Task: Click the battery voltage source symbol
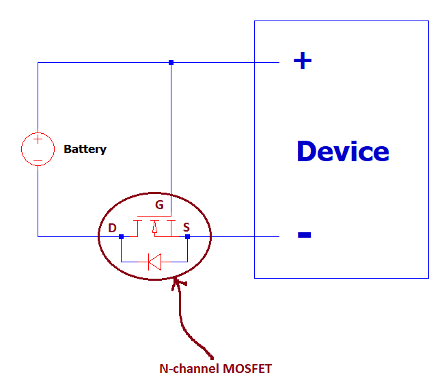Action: coord(38,149)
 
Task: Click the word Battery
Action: coord(85,149)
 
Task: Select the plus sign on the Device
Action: coord(302,61)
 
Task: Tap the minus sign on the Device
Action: coord(305,236)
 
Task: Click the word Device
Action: coord(342,151)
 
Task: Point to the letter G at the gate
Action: coord(159,204)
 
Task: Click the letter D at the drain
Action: coord(112,227)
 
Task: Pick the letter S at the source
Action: coord(187,227)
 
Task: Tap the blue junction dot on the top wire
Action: coord(171,62)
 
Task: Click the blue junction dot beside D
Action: coord(121,236)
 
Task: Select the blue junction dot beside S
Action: coord(187,236)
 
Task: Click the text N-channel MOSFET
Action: coord(215,369)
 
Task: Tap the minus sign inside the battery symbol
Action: coord(38,160)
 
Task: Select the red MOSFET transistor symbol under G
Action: coord(154,227)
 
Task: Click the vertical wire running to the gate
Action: coord(171,137)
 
